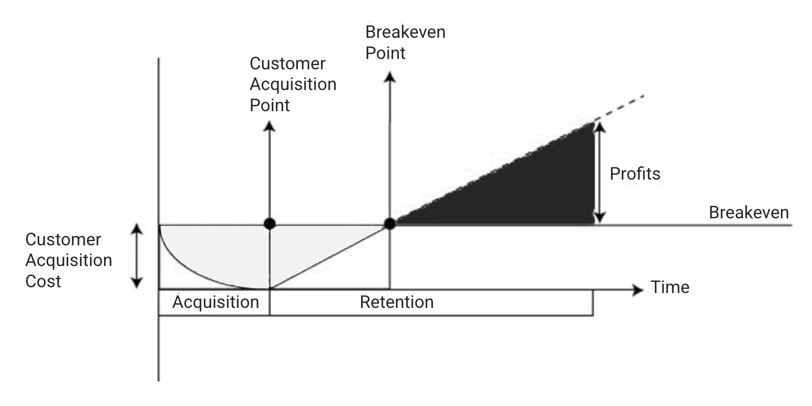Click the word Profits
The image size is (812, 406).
(x=635, y=174)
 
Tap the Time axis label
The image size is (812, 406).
(x=670, y=287)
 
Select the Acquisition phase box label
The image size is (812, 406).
(x=216, y=302)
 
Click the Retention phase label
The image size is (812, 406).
(x=397, y=302)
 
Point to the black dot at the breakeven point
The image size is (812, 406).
(x=390, y=223)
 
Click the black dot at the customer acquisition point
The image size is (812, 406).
(x=270, y=223)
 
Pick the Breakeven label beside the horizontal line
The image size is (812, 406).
(x=749, y=212)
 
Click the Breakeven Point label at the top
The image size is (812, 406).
(x=405, y=42)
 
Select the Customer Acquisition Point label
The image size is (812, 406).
(x=293, y=84)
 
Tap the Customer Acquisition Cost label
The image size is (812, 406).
(x=68, y=260)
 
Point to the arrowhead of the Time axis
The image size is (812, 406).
(x=638, y=290)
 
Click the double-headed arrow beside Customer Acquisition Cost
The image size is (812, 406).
(x=136, y=256)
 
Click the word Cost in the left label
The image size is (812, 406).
(x=43, y=281)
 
